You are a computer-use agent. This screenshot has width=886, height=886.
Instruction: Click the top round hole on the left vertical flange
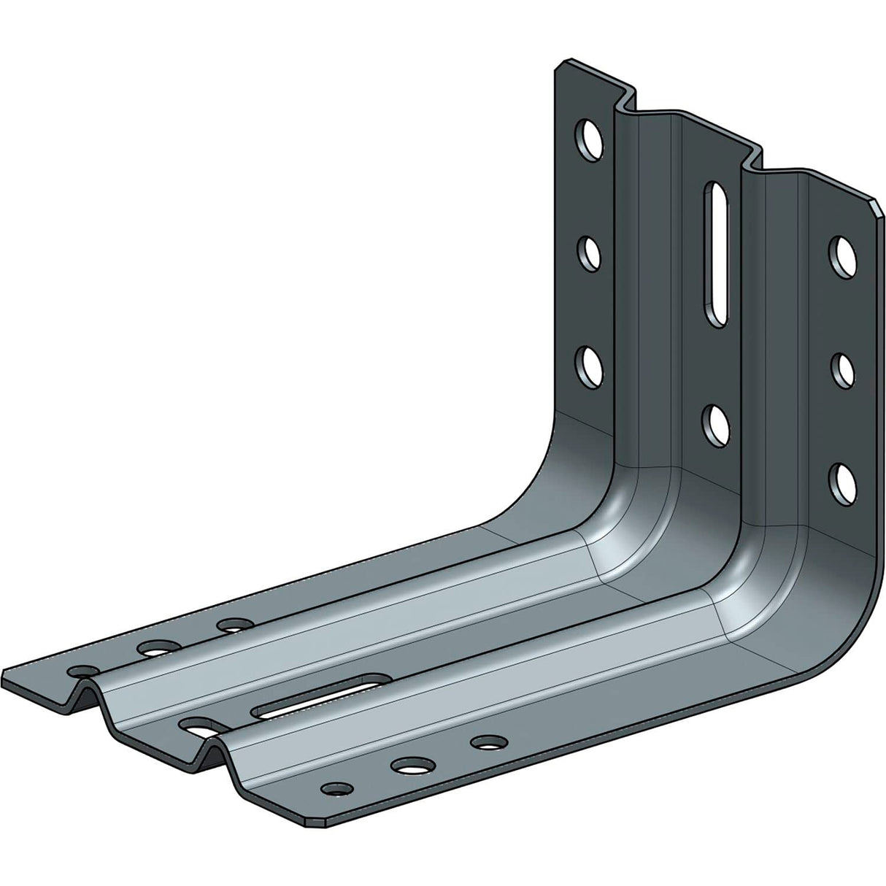[588, 138]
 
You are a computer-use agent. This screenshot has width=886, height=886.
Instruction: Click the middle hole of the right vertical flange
[844, 369]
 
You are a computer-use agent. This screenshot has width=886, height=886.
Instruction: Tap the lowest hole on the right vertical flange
[844, 479]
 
